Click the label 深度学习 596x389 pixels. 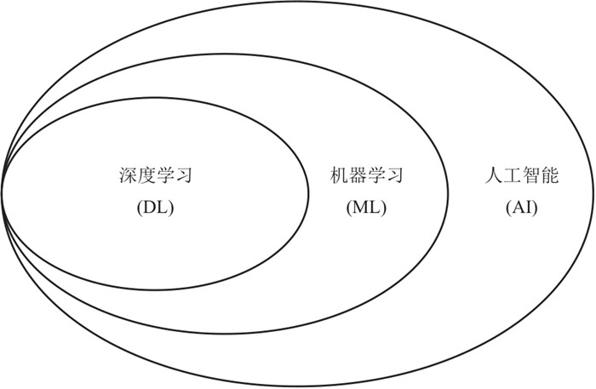(155, 177)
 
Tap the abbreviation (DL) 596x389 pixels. (155, 207)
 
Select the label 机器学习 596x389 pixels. (366, 177)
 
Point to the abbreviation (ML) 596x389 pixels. (366, 207)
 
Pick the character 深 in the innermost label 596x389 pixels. (127, 177)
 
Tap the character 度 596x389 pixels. (146, 177)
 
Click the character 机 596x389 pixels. (338, 177)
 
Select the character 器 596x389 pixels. (357, 177)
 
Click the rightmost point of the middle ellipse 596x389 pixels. (450, 194)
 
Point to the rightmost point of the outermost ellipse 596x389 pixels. (593, 194)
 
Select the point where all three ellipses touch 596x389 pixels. (3, 192)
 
